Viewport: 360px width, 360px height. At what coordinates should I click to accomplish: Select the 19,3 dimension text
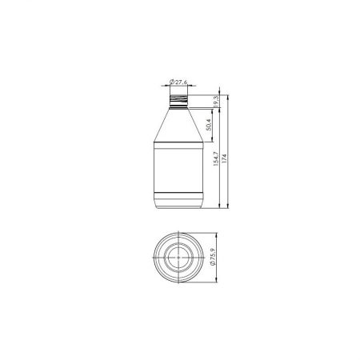pos(218,101)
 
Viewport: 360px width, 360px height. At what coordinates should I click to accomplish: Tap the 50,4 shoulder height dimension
pos(207,124)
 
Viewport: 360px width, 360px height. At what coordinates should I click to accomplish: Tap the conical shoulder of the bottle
pos(178,126)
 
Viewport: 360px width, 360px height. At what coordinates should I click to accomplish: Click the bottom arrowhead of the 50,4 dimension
pos(213,144)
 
